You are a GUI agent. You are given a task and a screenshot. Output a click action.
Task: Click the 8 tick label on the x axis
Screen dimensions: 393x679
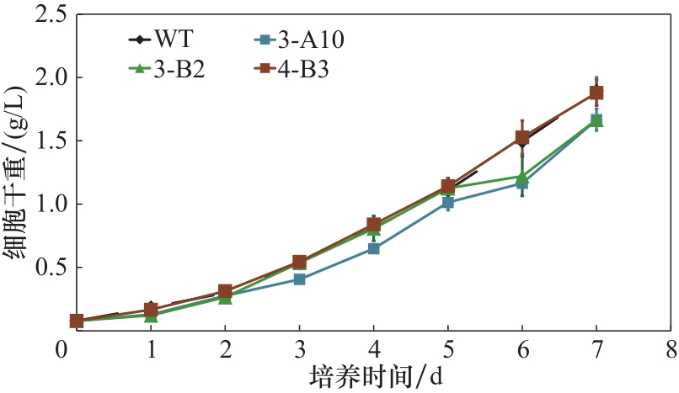[671, 348]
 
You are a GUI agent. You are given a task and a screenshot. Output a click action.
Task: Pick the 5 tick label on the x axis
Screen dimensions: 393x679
[448, 348]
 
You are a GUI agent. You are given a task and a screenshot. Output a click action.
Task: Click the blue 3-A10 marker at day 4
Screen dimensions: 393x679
[373, 248]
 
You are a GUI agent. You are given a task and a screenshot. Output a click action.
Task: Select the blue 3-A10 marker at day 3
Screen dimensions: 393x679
[299, 279]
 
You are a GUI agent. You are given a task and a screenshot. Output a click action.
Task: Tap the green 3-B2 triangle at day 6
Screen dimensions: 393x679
[522, 177]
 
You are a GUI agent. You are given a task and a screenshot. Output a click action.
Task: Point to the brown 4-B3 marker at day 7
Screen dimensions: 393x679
[596, 93]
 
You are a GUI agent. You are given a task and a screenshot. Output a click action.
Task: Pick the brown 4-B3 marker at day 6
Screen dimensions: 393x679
[522, 137]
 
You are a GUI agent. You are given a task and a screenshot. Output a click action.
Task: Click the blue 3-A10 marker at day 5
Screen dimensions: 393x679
[448, 202]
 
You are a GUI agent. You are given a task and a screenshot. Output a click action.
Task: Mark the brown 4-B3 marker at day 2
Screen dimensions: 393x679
[225, 291]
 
